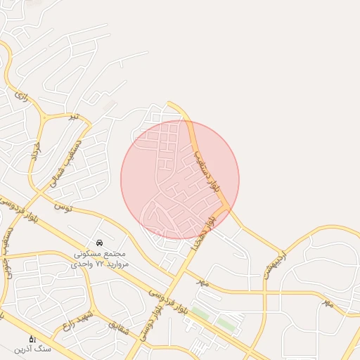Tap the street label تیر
[72, 117]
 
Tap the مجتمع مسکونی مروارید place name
[99, 253]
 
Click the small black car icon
[100, 243]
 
